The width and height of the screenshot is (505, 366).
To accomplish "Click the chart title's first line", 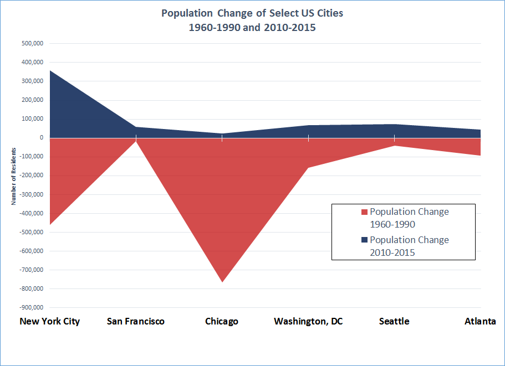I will point(252,13).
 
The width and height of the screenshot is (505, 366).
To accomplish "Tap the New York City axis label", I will point(50,321).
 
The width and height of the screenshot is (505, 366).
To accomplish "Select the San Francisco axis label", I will point(136,321).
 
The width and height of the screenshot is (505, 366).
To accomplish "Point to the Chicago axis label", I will point(222,321).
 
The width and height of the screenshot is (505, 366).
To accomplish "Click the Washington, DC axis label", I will point(308,321).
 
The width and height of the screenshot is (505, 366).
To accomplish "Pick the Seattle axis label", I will point(394,321).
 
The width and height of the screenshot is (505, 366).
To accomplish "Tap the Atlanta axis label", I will point(480,321).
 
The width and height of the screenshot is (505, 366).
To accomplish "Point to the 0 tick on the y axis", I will point(42,138).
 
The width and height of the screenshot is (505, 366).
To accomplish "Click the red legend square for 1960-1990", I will point(364,212).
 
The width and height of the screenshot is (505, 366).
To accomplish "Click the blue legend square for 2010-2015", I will point(364,240).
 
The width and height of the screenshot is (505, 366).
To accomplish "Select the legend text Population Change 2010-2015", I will point(409,246).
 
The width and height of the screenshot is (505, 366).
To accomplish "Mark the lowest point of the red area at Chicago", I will point(222,282).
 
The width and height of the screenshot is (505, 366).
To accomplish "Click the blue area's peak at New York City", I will point(50,71).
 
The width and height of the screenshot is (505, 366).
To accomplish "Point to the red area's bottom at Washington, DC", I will point(308,167).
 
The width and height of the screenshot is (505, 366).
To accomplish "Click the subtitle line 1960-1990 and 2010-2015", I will point(252,27).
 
